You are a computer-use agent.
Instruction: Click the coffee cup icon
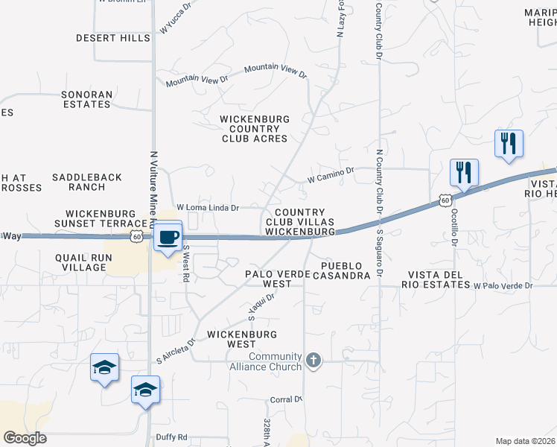point(168,238)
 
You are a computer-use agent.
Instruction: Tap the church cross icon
point(313,361)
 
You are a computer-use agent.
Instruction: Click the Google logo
point(25,438)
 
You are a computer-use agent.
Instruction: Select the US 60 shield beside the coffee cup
point(136,236)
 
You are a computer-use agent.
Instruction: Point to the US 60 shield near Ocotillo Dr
point(444,200)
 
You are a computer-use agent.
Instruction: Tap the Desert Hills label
point(113,37)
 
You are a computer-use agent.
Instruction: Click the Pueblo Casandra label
point(346,270)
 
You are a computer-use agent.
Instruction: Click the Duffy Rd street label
point(171,437)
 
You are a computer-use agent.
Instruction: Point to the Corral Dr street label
point(285,399)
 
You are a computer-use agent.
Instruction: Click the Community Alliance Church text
point(276,361)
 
